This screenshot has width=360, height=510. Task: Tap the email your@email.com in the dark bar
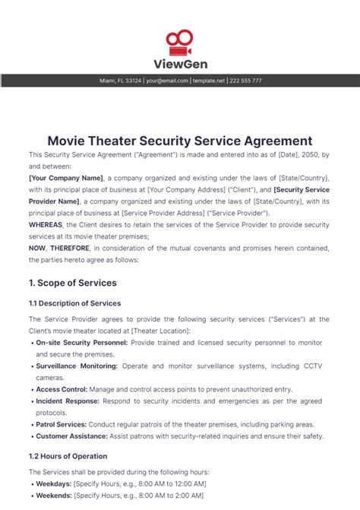point(167,81)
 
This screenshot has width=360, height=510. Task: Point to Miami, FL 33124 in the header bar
point(122,81)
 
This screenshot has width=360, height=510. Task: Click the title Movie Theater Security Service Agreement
point(180,141)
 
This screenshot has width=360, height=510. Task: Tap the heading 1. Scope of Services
point(72,283)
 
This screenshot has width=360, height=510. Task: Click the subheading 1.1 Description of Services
point(74,303)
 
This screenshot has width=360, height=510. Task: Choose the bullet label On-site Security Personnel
point(83,344)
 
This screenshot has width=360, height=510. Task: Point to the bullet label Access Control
point(60,390)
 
